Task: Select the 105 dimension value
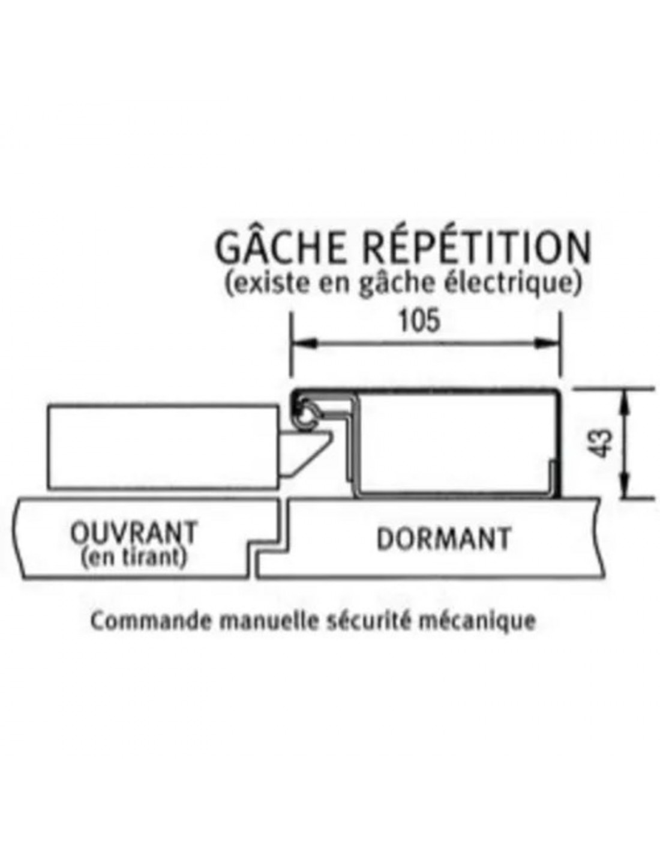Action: (419, 321)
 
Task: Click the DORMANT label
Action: (443, 539)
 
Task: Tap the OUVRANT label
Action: (134, 532)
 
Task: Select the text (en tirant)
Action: (133, 557)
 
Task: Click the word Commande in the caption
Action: (151, 621)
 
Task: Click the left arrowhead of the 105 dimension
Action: (301, 343)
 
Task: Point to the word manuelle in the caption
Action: (266, 621)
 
